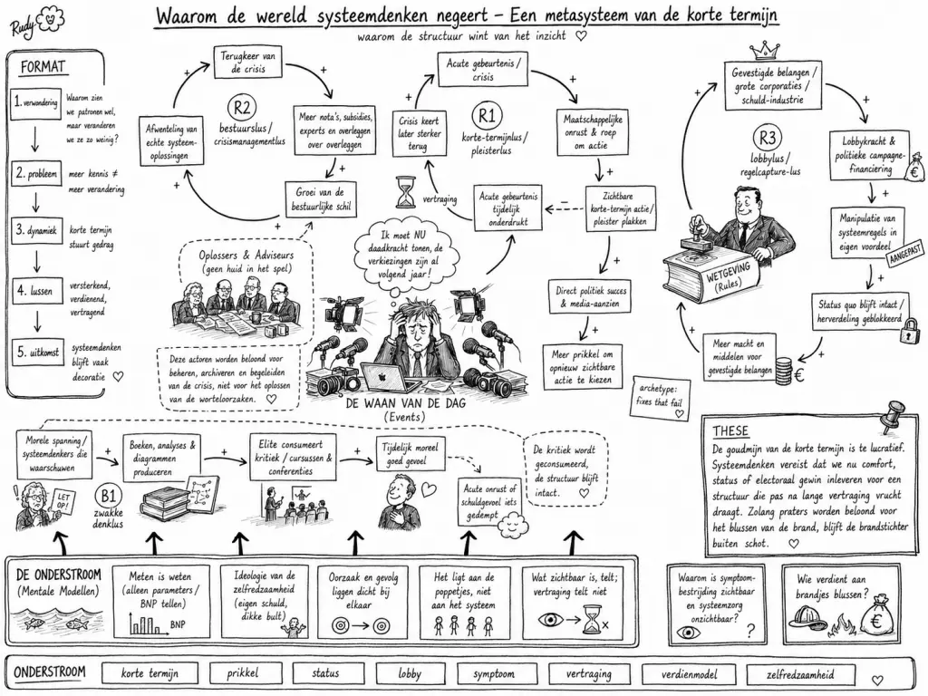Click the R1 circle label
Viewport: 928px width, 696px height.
pyautogui.click(x=487, y=116)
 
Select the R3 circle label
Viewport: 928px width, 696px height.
pyautogui.click(x=767, y=139)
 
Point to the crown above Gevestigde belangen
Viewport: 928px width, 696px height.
pyautogui.click(x=763, y=49)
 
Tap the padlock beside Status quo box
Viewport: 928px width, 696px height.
pyautogui.click(x=908, y=332)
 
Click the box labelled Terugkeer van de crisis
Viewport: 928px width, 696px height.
pyautogui.click(x=247, y=63)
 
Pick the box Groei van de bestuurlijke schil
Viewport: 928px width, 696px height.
pyautogui.click(x=321, y=198)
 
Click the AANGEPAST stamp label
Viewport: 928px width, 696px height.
pyautogui.click(x=904, y=254)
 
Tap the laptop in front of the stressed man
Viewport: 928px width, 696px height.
pyautogui.click(x=391, y=376)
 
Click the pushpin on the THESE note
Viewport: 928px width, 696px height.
pyautogui.click(x=893, y=415)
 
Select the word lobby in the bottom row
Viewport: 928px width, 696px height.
pyautogui.click(x=410, y=673)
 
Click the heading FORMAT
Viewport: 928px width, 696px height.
pyautogui.click(x=43, y=66)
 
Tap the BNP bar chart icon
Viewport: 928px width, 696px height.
pyautogui.click(x=144, y=623)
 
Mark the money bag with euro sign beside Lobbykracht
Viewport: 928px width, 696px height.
pyautogui.click(x=914, y=168)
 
